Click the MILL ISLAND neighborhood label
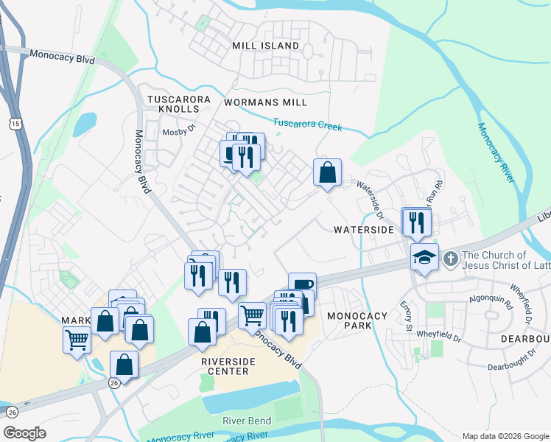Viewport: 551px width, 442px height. (x=265, y=46)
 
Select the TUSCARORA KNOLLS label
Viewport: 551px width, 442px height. (x=178, y=104)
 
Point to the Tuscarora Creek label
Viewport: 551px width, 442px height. (x=307, y=124)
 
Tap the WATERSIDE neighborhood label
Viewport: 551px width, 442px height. (x=363, y=230)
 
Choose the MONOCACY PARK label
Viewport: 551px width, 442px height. (x=357, y=321)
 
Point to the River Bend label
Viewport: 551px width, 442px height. (x=248, y=421)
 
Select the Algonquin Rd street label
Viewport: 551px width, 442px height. (x=493, y=300)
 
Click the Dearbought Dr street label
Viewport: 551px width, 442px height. (x=515, y=366)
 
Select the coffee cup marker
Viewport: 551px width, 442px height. (x=302, y=285)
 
